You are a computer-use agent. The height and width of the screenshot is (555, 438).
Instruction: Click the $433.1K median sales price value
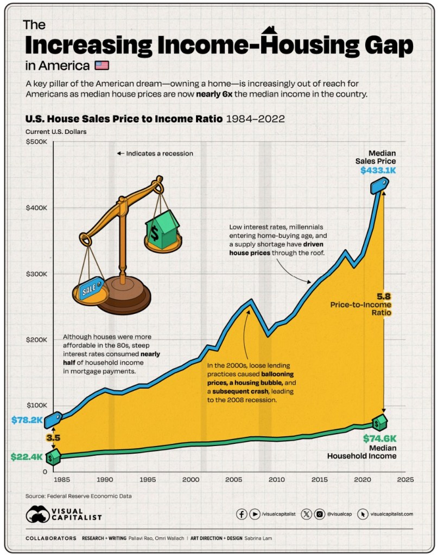coord(378,171)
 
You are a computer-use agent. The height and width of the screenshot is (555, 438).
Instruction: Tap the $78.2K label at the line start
coord(27,420)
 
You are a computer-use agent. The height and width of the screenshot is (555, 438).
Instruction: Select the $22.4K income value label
coord(26,457)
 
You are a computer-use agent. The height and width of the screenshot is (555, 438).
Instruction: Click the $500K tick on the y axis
coord(37,142)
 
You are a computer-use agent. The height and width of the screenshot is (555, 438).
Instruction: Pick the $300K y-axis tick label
coord(37,274)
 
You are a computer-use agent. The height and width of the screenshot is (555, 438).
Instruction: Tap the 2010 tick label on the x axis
coord(276,480)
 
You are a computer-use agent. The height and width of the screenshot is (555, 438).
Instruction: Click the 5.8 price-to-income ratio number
coord(384,296)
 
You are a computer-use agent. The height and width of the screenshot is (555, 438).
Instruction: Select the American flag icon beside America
coord(101,66)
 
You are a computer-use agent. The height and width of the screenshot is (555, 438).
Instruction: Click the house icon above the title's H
coord(268,31)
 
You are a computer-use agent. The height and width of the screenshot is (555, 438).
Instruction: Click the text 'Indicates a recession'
coord(159,153)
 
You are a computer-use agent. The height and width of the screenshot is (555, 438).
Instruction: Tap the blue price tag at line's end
coord(379,185)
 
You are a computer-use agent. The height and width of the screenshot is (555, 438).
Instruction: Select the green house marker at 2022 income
coord(379,421)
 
